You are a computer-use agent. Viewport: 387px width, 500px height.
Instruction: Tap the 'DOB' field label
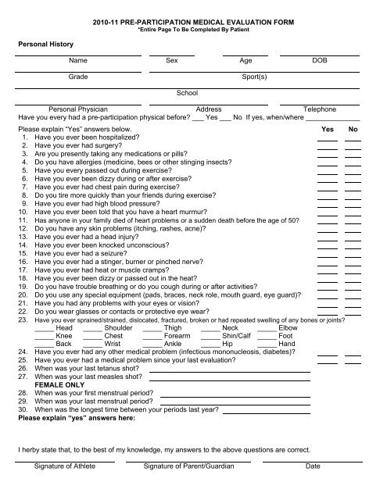click(320, 59)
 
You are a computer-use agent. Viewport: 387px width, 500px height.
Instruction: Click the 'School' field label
click(187, 93)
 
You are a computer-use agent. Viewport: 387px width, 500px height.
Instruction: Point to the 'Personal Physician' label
click(77, 110)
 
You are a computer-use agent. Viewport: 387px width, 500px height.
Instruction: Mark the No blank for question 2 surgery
click(353, 147)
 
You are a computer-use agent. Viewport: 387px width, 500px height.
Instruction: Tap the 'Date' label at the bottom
click(313, 488)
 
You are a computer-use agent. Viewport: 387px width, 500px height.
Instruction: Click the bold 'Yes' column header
click(328, 128)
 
